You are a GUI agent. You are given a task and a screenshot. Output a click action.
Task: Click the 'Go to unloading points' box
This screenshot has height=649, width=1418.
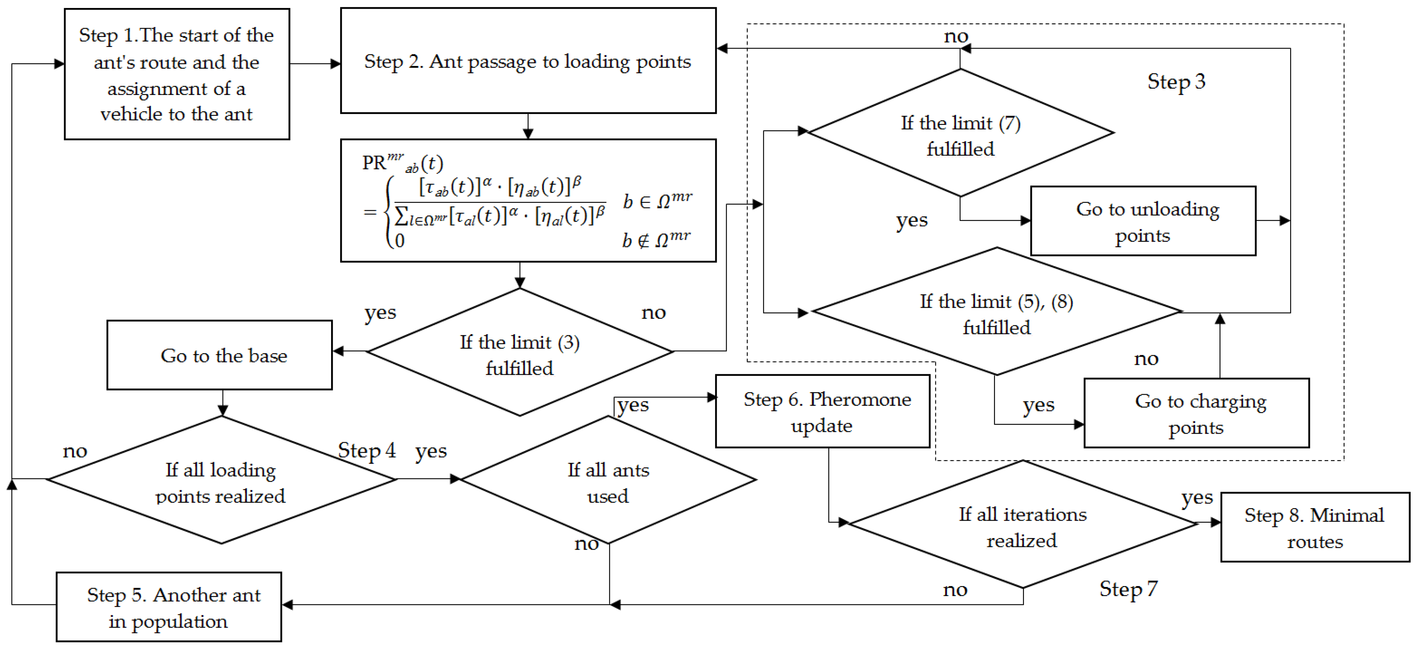point(1143,221)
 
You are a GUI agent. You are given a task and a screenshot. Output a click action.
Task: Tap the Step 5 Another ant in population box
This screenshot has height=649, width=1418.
point(169,607)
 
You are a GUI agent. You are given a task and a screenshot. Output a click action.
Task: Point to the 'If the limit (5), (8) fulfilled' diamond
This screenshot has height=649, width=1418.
point(996,312)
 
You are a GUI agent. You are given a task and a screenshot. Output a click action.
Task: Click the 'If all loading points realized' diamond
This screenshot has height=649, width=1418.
point(221,480)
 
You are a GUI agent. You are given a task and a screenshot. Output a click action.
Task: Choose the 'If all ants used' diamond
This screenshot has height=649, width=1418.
point(608,480)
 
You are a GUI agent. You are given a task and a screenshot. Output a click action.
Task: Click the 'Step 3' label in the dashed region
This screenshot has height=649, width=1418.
point(1177,82)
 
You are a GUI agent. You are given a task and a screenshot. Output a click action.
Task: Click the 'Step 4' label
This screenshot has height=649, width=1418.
point(367,450)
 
